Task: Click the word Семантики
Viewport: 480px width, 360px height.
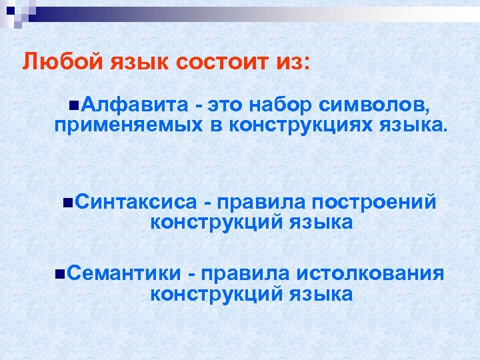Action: (x=124, y=273)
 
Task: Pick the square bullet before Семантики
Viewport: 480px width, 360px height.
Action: (x=61, y=273)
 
